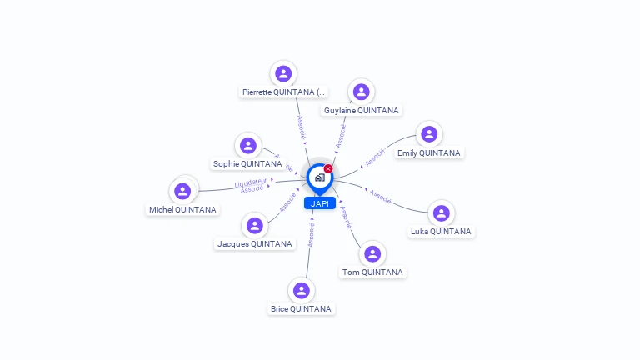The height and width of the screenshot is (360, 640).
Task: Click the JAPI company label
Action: coord(319,203)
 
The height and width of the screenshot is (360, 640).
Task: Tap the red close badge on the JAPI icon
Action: coord(328,169)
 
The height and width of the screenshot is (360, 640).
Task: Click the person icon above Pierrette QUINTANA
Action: coord(283,73)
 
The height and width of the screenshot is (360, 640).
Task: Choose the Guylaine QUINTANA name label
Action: coord(362,110)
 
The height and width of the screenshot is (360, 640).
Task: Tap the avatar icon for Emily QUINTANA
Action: coord(428,134)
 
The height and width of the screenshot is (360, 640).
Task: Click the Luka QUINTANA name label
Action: coord(441,231)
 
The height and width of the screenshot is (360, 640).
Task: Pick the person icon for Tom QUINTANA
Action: coord(372,253)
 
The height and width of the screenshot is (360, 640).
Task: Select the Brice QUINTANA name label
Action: coord(301,308)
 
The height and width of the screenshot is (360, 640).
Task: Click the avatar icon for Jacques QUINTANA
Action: coord(254,225)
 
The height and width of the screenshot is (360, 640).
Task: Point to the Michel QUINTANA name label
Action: coord(182,210)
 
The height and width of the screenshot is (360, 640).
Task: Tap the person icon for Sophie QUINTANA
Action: coord(247,146)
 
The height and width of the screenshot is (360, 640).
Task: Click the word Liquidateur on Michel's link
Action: coord(251,182)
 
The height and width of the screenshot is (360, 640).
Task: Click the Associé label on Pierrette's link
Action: coord(302,127)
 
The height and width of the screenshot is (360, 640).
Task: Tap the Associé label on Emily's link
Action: coord(375,157)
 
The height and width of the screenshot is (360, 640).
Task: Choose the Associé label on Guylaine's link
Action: coord(341,136)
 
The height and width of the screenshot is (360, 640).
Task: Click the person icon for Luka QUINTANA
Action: coord(441,213)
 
